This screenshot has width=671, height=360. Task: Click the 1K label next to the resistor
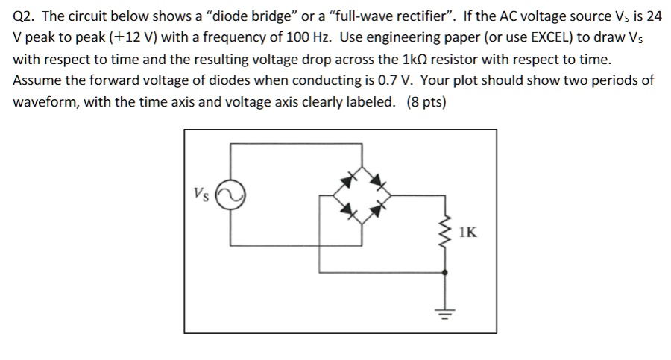click(x=468, y=233)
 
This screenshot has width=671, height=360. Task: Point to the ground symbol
click(x=446, y=312)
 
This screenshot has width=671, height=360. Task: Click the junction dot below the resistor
click(x=446, y=274)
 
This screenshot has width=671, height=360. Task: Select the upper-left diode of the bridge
click(x=348, y=180)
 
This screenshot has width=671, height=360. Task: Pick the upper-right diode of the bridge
click(x=379, y=180)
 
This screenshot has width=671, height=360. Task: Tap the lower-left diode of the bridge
click(x=348, y=212)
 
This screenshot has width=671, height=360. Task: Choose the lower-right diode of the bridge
click(x=379, y=212)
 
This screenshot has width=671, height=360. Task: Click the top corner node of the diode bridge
click(x=363, y=165)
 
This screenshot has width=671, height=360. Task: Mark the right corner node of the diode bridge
click(x=394, y=196)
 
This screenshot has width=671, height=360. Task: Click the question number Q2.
click(x=25, y=17)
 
